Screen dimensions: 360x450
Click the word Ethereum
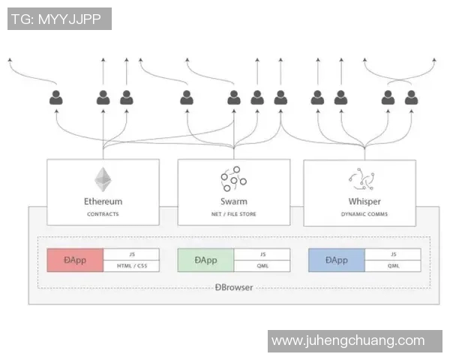[x=103, y=201]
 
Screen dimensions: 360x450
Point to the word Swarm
[x=234, y=201]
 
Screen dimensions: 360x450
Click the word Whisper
[x=364, y=201]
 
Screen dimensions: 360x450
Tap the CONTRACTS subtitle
[x=103, y=214]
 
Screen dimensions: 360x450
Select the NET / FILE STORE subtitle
[x=234, y=214]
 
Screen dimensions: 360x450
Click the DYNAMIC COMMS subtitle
[x=364, y=214]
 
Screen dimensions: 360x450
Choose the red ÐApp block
[x=75, y=260]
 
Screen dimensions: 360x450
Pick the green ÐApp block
[x=205, y=260]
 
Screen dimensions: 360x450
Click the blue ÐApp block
[x=337, y=260]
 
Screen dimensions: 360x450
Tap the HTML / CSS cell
[x=131, y=266]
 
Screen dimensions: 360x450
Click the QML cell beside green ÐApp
[x=262, y=266]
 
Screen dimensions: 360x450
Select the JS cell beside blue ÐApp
[x=393, y=254]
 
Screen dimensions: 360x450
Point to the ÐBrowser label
[x=233, y=287]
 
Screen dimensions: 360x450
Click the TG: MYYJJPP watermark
[x=60, y=19]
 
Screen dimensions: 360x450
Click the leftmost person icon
[x=56, y=97]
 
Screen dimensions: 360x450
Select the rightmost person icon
[x=411, y=97]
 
